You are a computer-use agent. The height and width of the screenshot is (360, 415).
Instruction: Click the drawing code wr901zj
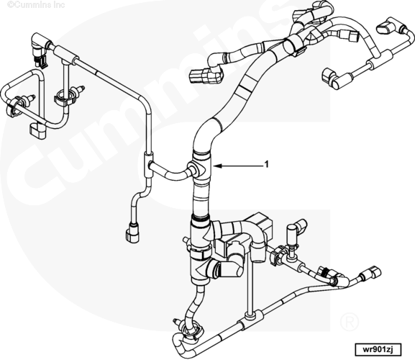point(378,349)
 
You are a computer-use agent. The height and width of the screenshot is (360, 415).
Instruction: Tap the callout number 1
point(267,164)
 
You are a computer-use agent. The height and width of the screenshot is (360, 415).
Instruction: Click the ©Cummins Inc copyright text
point(36,4)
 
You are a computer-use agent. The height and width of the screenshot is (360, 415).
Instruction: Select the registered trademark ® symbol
point(349,321)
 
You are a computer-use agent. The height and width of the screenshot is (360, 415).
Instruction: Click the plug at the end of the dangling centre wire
point(132,233)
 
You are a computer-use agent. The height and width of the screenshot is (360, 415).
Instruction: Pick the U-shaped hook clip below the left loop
point(38,131)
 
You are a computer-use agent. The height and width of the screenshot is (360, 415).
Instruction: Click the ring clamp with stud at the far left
point(19,104)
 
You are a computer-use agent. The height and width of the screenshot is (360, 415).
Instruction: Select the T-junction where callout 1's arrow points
point(201,166)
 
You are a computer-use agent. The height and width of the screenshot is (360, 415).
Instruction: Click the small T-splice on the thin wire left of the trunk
point(148,164)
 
